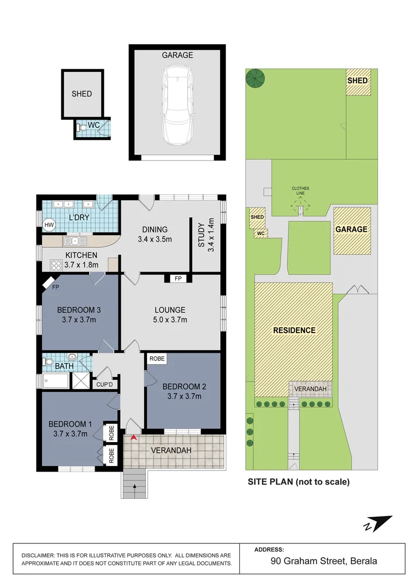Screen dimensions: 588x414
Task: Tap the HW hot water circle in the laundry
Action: click(49, 224)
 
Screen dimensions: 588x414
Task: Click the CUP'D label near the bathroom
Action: click(104, 384)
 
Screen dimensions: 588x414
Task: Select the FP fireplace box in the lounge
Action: click(177, 279)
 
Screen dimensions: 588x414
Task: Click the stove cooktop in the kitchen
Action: click(56, 265)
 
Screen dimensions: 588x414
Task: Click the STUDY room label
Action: click(200, 235)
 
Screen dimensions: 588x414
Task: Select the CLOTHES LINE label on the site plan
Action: click(300, 191)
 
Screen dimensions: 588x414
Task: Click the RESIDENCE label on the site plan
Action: click(294, 330)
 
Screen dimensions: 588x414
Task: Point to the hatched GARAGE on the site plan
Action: click(351, 230)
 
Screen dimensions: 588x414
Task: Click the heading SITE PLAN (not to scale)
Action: click(298, 481)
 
